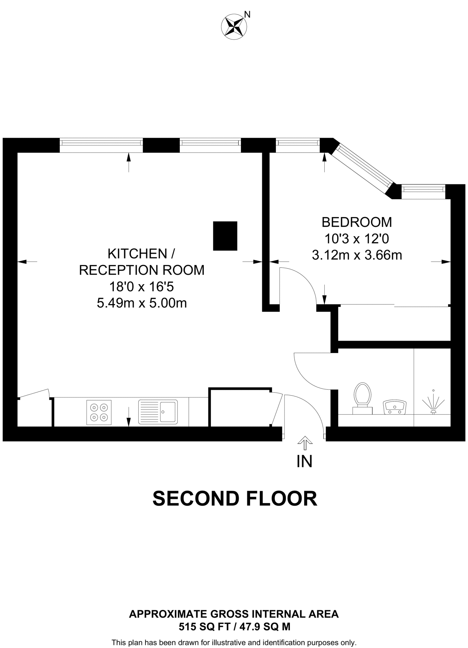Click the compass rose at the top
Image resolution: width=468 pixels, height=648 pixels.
(x=234, y=27)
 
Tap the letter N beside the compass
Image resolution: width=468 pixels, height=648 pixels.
(x=247, y=14)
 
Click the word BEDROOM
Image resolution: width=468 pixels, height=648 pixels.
(x=357, y=222)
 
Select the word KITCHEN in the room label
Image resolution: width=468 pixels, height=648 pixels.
(x=137, y=253)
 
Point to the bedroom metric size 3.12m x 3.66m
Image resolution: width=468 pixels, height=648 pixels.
(x=357, y=255)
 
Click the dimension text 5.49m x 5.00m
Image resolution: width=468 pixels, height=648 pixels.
(x=142, y=303)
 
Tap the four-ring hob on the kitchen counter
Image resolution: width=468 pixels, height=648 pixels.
(x=99, y=412)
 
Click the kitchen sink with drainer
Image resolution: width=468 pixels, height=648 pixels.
(x=158, y=412)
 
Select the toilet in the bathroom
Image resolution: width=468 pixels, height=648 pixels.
(x=362, y=398)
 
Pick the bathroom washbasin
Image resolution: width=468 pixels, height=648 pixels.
(x=395, y=408)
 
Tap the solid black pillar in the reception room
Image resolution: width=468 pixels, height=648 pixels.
(x=225, y=236)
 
